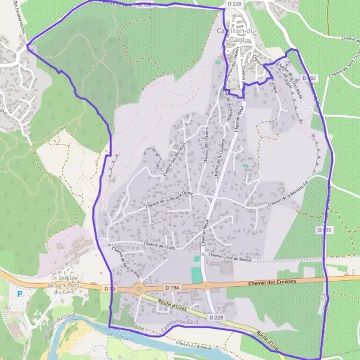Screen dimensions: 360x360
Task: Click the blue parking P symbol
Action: click(x=20, y=294)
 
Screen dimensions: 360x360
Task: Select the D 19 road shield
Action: click(x=109, y=289)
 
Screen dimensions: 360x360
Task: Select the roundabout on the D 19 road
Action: click(x=140, y=289)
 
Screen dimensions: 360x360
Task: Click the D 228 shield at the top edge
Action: click(x=234, y=4)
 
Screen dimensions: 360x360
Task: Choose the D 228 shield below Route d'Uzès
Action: click(x=217, y=316)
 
